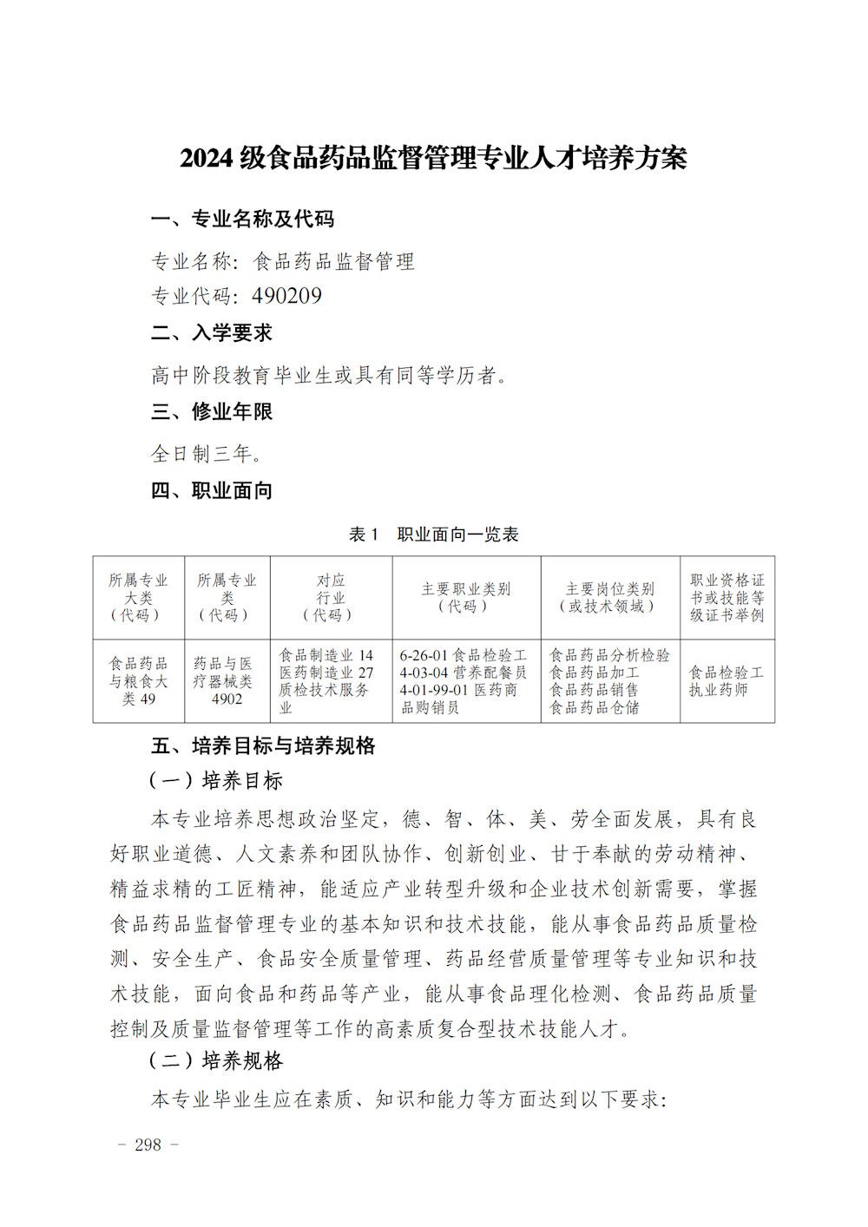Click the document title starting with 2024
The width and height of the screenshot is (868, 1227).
433,158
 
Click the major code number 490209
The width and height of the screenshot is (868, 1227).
286,297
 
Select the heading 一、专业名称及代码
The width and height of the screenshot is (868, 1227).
242,220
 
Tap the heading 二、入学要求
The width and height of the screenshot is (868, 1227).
212,333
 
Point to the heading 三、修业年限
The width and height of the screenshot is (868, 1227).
212,412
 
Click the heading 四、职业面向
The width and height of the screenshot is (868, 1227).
212,491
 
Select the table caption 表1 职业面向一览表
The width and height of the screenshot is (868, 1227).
433,535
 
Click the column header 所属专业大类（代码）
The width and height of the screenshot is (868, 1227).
138,598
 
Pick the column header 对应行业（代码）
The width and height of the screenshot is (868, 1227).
330,598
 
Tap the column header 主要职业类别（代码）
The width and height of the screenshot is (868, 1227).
466,598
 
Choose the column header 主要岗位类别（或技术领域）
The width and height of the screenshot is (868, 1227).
609,598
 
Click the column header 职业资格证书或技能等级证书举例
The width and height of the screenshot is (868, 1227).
727,598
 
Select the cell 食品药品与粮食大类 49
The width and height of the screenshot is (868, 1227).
138,681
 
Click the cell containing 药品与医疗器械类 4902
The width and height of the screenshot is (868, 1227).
226,681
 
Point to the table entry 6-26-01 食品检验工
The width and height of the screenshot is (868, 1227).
463,656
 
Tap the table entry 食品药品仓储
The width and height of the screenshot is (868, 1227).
595,708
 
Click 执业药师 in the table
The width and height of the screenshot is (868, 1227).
718,691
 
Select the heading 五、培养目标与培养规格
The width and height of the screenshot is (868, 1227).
263,746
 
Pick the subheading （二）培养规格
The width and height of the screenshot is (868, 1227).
216,1061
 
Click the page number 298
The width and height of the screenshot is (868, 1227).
148,1145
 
